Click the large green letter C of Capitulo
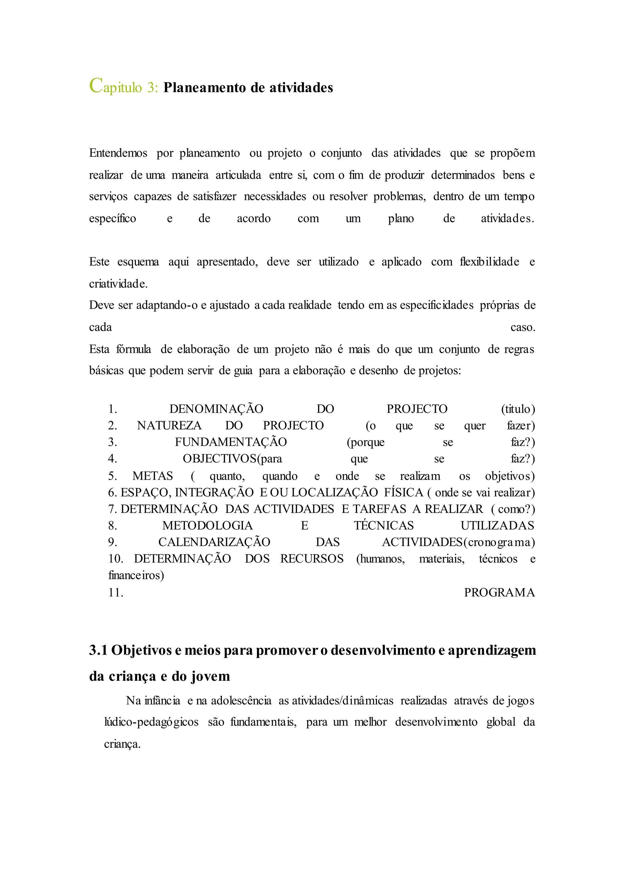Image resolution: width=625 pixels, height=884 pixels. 96,85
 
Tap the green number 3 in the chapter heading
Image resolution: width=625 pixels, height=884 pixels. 151,88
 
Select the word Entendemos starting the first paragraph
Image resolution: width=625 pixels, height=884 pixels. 118,153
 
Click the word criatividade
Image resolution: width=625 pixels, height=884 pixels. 118,284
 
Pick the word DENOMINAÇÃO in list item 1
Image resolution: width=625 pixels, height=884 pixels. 216,409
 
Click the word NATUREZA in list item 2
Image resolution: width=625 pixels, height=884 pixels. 169,426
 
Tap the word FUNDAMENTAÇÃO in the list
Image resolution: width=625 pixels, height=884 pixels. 231,442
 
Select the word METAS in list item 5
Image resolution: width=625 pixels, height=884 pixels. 153,476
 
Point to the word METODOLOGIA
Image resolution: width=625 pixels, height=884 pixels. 208,526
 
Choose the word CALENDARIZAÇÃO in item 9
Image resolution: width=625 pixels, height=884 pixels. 214,542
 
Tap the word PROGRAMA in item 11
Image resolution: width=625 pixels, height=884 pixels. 499,592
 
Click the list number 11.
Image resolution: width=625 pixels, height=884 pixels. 115,592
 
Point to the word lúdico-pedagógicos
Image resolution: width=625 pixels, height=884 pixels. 152,722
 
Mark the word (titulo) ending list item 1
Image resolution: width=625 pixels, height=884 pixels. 518,409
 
